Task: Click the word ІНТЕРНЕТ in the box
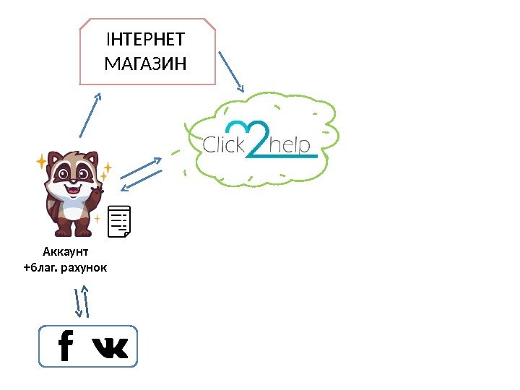pos(145,39)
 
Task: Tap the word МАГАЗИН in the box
pos(145,64)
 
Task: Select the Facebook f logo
pos(66,346)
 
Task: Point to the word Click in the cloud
pos(225,145)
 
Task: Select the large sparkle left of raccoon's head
pos(42,161)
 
